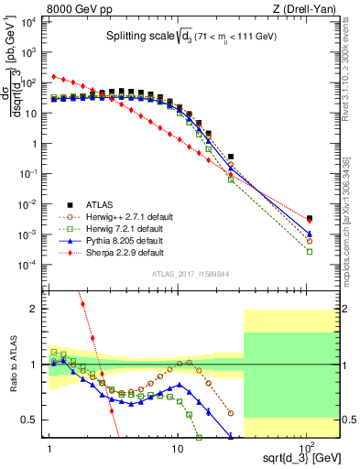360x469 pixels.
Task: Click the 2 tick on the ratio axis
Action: point(37,309)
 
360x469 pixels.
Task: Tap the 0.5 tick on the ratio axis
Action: point(34,420)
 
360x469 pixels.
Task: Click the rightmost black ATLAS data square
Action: point(310,218)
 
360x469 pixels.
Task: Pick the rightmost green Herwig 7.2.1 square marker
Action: point(310,251)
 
